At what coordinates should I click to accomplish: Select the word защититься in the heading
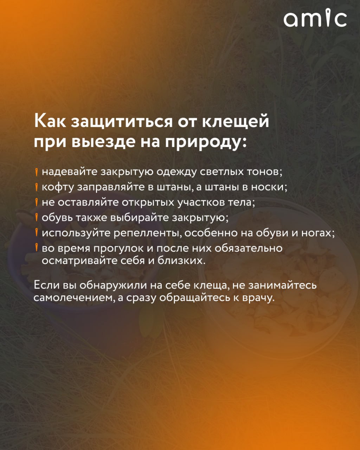(122, 122)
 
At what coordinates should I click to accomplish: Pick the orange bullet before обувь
(37, 218)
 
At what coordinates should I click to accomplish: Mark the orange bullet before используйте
(37, 233)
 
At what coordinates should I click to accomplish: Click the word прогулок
(123, 249)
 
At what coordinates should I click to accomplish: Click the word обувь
(57, 218)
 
